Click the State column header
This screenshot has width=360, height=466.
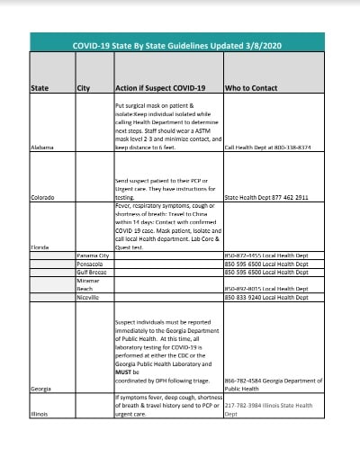pyautogui.click(x=40, y=87)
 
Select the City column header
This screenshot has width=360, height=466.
pyautogui.click(x=83, y=87)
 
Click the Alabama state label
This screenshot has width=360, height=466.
pyautogui.click(x=41, y=146)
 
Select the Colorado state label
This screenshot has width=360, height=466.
pyautogui.click(x=42, y=196)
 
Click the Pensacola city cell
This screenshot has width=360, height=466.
pyautogui.click(x=91, y=264)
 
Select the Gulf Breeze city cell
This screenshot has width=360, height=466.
pyautogui.click(x=93, y=272)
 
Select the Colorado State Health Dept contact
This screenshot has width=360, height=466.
pyautogui.click(x=265, y=196)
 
